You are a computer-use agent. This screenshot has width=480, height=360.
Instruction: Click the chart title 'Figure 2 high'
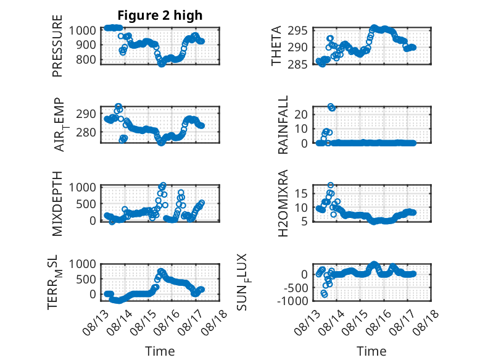tap(160, 15)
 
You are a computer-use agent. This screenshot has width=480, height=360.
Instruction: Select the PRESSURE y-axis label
tap(57, 46)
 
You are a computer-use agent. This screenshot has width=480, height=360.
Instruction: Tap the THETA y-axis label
tap(276, 46)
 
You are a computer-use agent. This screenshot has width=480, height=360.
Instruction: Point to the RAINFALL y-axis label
tap(283, 125)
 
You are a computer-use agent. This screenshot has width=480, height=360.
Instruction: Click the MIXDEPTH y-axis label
tap(57, 204)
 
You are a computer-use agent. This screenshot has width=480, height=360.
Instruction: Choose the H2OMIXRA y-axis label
tap(283, 203)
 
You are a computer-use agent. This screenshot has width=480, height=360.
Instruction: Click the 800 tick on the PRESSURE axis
tap(86, 59)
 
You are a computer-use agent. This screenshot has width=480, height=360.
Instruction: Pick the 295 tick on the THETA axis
tap(297, 31)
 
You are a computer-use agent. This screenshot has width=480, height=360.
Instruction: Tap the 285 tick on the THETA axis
tap(297, 64)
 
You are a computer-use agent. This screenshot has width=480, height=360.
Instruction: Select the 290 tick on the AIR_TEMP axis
tap(86, 114)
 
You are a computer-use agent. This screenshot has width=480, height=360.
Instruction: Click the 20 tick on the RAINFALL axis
tap(300, 114)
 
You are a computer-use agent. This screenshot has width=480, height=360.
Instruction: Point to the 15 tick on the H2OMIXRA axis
tap(300, 193)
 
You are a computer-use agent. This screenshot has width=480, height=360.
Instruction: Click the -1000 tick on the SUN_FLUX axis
tap(292, 301)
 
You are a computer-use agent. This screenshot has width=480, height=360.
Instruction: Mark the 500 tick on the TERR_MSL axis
tap(86, 279)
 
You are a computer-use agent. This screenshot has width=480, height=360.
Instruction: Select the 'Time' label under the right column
tap(371, 351)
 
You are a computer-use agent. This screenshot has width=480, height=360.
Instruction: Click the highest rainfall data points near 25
tap(331, 107)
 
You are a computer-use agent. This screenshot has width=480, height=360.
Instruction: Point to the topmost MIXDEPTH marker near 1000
tap(163, 185)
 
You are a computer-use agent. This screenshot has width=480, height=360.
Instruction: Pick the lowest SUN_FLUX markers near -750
tap(324, 294)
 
